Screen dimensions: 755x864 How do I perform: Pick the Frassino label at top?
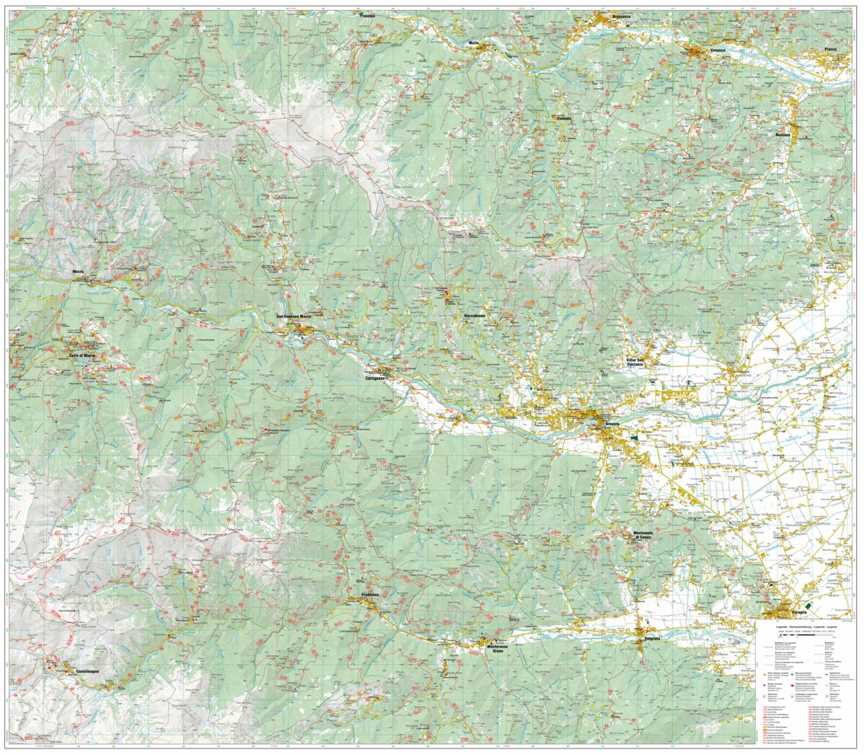pyautogui.click(x=369, y=14)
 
